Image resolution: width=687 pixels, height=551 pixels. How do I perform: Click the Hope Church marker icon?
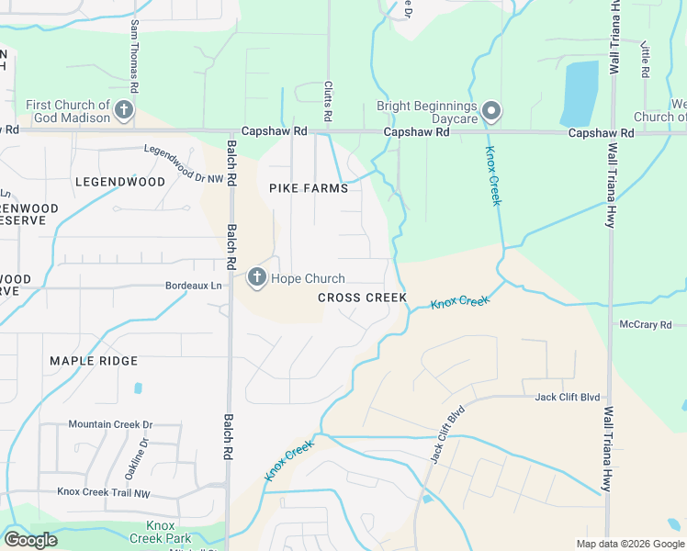click(256, 277)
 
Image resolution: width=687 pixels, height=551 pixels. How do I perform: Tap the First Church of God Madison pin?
click(124, 112)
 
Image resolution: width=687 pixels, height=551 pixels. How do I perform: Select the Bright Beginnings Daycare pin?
click(491, 112)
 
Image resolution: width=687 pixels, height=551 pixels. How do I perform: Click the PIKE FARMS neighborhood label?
click(309, 188)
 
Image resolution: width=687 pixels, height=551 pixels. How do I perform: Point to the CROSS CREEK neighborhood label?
click(362, 298)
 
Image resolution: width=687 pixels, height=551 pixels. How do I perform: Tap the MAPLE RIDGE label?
click(94, 361)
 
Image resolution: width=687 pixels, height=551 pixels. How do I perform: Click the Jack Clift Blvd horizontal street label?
click(568, 398)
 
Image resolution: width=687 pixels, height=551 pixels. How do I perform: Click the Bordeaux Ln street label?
click(194, 286)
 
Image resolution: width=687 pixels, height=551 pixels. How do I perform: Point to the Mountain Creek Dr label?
click(110, 425)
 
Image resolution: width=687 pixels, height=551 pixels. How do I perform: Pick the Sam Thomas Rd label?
click(135, 54)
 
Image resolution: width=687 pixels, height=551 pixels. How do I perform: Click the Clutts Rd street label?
click(327, 101)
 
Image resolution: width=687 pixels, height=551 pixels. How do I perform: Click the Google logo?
click(30, 540)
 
